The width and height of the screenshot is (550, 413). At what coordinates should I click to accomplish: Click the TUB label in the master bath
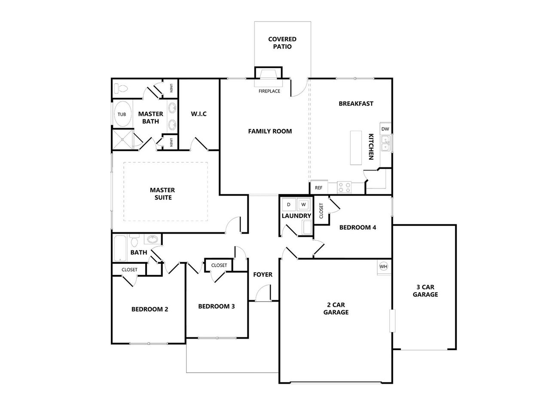(x=122, y=114)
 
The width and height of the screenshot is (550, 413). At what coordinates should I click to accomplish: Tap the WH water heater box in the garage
(x=383, y=267)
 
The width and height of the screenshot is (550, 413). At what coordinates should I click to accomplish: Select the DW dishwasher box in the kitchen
(x=385, y=129)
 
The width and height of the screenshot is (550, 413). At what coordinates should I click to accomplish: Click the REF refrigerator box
(x=318, y=188)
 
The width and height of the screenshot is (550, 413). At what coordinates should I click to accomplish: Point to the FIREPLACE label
(x=269, y=91)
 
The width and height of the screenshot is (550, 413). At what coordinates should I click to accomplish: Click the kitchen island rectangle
(x=356, y=148)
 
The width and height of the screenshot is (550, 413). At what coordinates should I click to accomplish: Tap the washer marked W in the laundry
(x=303, y=204)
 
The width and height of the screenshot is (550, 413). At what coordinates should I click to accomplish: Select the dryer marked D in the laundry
(x=289, y=204)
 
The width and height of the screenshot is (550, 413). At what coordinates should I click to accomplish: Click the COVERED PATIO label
(x=282, y=43)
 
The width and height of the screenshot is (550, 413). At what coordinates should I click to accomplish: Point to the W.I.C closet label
(x=199, y=114)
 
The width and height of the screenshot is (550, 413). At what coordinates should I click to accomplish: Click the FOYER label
(x=263, y=274)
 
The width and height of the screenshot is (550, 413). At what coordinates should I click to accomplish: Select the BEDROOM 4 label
(x=357, y=227)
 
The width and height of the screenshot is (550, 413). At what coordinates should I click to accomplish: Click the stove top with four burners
(x=344, y=188)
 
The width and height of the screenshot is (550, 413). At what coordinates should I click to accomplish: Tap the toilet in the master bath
(x=122, y=89)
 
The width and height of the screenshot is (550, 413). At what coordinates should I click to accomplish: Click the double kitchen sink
(x=386, y=143)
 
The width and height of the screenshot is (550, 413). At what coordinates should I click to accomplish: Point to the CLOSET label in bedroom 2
(x=129, y=270)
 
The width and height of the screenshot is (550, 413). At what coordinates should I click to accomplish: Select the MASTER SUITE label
(x=162, y=194)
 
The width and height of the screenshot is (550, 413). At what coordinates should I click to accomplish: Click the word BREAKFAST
(x=356, y=104)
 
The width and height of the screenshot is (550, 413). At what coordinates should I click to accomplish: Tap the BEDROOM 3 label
(x=216, y=306)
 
